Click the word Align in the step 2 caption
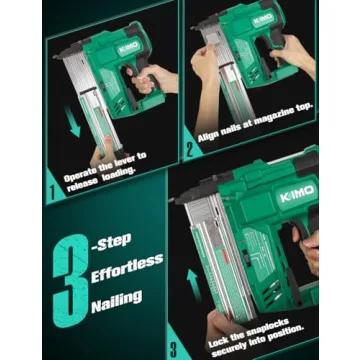coord(212,142)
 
